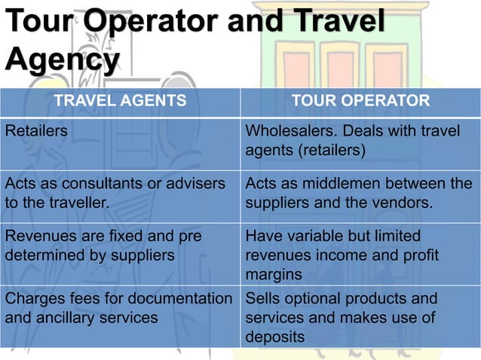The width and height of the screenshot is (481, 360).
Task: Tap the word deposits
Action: (275, 337)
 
